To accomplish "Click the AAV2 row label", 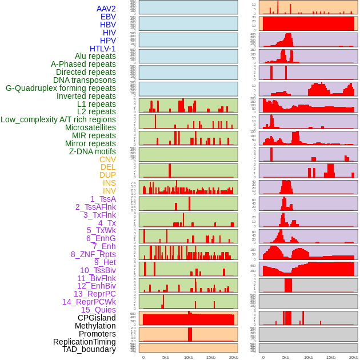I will click(106, 9).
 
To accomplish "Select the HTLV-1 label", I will click(102, 49).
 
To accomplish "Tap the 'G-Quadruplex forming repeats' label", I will click(61, 88).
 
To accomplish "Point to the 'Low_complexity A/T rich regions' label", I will click(58, 119).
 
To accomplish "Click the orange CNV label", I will click(107, 159).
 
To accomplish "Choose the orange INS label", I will click(109, 183).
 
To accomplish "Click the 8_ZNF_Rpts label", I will click(93, 254).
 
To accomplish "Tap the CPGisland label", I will click(97, 318).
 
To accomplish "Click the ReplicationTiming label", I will click(84, 342).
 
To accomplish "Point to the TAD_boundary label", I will click(89, 349).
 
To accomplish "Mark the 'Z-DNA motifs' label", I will click(92, 151).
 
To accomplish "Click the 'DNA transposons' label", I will click(85, 80).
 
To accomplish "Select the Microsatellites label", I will click(90, 127).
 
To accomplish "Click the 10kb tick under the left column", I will click(189, 357).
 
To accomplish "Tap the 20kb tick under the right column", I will click(354, 357).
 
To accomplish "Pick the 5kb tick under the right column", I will click(285, 357).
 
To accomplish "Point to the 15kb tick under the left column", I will click(211, 357).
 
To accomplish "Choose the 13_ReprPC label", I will click(94, 294).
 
